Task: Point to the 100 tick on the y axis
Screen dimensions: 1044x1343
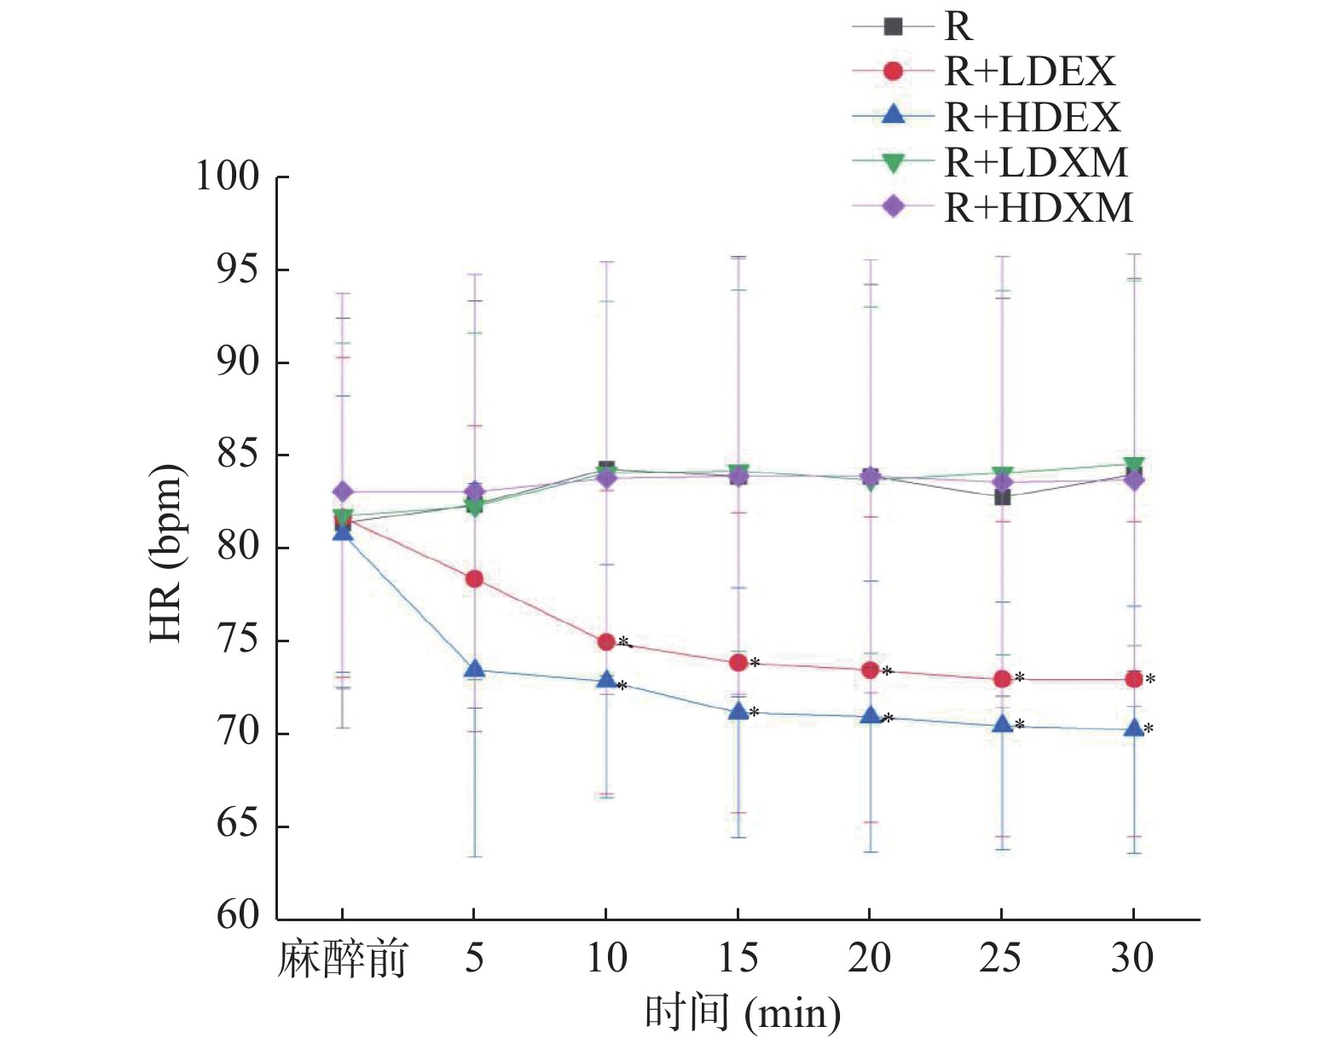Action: click(228, 177)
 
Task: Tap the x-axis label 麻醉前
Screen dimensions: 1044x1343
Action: click(342, 960)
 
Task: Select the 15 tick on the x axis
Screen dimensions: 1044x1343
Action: click(738, 958)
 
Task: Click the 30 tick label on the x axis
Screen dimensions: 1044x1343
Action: click(1132, 958)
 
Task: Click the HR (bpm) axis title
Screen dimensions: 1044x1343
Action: click(167, 554)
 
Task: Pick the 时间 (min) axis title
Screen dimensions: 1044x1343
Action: click(742, 1013)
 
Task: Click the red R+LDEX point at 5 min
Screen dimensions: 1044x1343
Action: click(474, 579)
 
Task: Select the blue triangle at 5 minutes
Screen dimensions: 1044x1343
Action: click(474, 670)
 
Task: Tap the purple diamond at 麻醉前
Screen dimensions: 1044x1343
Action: click(343, 492)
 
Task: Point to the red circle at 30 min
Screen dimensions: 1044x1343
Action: click(1133, 679)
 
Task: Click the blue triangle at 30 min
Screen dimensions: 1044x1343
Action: click(1133, 728)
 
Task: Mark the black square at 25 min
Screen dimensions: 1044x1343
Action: click(1002, 496)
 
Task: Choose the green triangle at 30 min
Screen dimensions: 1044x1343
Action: click(1133, 465)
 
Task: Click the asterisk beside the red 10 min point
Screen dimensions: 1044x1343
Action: click(623, 641)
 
